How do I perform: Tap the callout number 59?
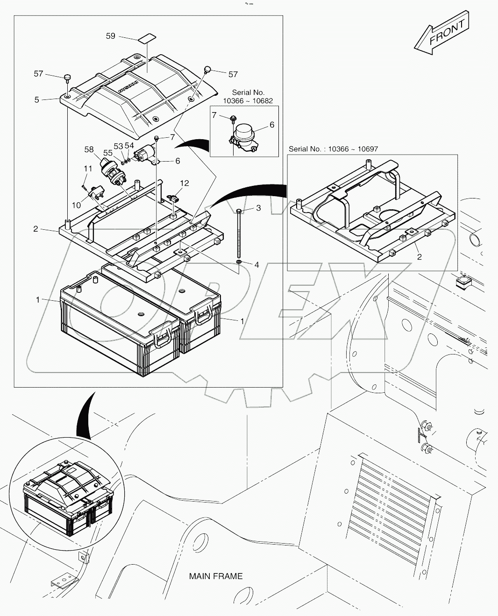(x=110, y=36)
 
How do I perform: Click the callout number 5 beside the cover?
(x=37, y=99)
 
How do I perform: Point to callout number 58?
(x=89, y=149)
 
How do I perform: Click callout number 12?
(x=185, y=183)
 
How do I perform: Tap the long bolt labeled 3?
(x=239, y=234)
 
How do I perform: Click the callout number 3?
(x=258, y=208)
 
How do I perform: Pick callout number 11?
(x=88, y=168)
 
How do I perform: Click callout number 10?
(x=76, y=205)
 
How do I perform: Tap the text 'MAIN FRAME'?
(x=215, y=576)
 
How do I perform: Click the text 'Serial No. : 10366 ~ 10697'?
(x=333, y=149)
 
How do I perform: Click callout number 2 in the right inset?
(x=419, y=256)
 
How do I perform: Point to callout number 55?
(x=108, y=153)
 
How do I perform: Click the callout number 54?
(x=129, y=146)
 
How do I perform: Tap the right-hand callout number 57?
(x=233, y=74)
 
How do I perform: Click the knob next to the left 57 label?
(x=68, y=77)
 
